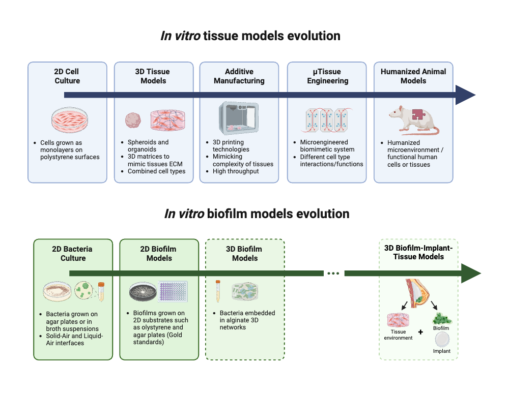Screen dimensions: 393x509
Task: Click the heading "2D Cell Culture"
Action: tap(67, 76)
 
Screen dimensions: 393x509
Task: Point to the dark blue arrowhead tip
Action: tap(472, 95)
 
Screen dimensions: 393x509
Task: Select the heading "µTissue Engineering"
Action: tap(327, 76)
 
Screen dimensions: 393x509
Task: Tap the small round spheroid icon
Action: tap(133, 120)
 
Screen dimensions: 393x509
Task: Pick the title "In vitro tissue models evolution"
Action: tap(250, 36)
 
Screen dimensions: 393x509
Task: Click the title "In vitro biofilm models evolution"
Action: tap(257, 214)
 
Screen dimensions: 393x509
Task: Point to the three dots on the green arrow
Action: tap(333, 274)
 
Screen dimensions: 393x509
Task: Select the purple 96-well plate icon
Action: tap(173, 292)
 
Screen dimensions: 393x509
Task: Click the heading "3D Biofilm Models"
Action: tap(244, 253)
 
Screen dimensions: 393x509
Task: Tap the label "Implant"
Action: tap(441, 351)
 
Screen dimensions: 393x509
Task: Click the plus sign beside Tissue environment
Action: tap(420, 332)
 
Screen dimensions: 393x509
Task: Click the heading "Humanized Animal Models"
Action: tap(413, 76)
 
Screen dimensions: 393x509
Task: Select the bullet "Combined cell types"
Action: tap(156, 171)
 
